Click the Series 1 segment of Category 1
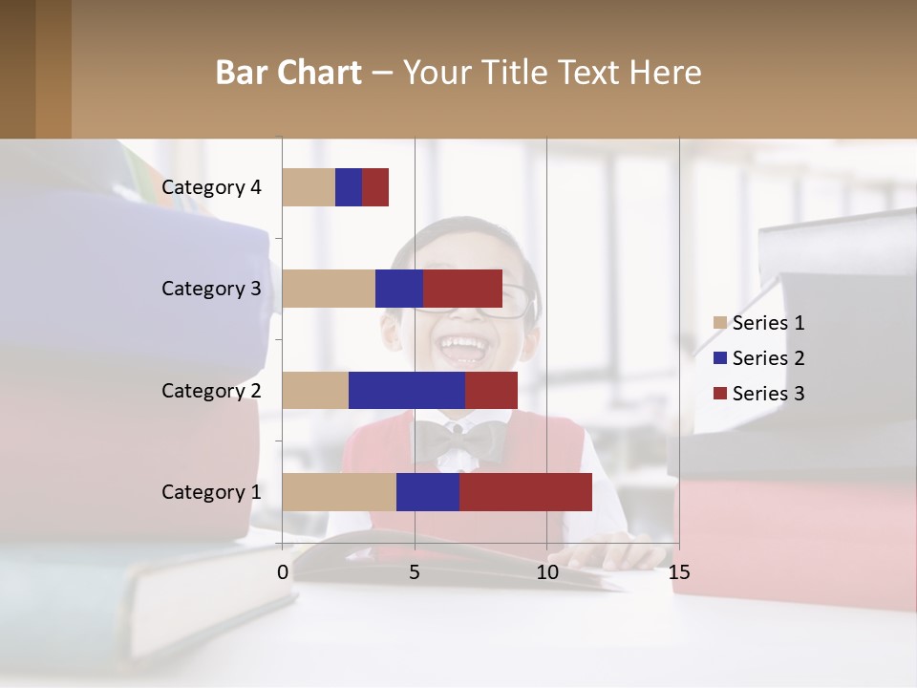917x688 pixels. [339, 492]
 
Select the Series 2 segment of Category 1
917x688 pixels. [428, 492]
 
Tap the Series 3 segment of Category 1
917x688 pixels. [525, 492]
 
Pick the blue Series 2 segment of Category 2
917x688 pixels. [407, 390]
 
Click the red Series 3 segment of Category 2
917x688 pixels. [491, 390]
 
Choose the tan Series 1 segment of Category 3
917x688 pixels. [329, 289]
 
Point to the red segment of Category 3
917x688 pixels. [462, 289]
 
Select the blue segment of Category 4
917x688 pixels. [349, 187]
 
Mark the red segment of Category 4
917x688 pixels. [375, 187]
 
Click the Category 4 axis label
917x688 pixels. [211, 187]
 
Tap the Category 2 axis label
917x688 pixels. [211, 390]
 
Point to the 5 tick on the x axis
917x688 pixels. [415, 572]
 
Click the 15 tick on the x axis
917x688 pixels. [679, 572]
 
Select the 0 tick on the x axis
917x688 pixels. [283, 572]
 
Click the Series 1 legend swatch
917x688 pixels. [720, 323]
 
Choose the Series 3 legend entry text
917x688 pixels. [769, 394]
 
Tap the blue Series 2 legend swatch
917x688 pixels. [720, 358]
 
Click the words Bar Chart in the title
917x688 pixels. [288, 73]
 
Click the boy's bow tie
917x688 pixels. [459, 441]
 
